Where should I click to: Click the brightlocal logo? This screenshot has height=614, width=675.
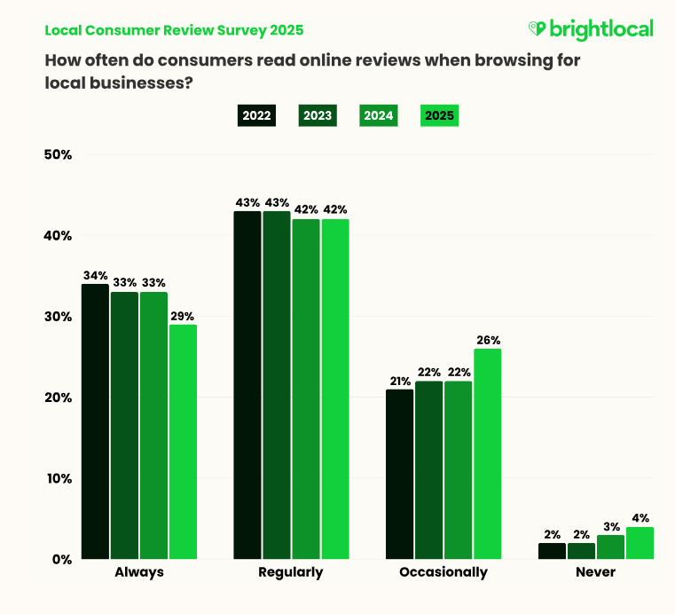point(590,29)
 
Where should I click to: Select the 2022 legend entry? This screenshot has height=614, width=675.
point(255,115)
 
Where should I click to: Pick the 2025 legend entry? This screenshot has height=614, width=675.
point(439,115)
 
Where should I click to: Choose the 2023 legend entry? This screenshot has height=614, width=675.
point(317,115)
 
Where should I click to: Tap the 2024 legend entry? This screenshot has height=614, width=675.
point(378,115)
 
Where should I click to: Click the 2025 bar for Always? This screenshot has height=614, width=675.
point(183,441)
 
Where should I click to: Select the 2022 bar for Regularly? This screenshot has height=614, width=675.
point(247,385)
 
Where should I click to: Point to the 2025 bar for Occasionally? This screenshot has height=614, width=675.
point(488,453)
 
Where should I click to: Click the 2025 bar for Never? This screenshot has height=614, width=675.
point(640,543)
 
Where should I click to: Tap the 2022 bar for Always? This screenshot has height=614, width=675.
point(95,421)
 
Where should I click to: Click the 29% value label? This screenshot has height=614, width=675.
point(183,315)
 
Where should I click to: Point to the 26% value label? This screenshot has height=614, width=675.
point(488,339)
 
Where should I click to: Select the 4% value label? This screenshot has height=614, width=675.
point(640,517)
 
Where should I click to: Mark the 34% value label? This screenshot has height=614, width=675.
point(95,274)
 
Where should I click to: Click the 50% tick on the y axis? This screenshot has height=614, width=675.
point(58,154)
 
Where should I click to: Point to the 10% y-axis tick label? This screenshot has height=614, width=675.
point(58,478)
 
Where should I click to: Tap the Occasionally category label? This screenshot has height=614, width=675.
point(443,572)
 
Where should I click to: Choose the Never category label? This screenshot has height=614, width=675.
point(596,572)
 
